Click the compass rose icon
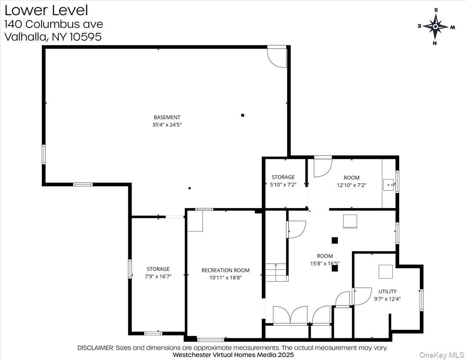click(435, 26)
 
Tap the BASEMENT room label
click(167, 117)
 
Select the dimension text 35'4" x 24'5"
click(167, 125)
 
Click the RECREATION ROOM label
click(225, 270)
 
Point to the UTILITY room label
click(388, 291)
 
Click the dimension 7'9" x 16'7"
click(158, 277)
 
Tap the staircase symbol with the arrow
click(276, 272)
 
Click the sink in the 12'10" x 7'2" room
click(388, 184)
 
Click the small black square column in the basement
click(243, 115)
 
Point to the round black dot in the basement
click(190, 188)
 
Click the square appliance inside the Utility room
click(386, 271)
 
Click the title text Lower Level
click(46, 10)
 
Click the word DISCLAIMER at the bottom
click(96, 348)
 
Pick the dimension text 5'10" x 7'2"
click(283, 185)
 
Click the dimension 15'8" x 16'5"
click(325, 263)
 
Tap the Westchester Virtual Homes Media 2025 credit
click(233, 355)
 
